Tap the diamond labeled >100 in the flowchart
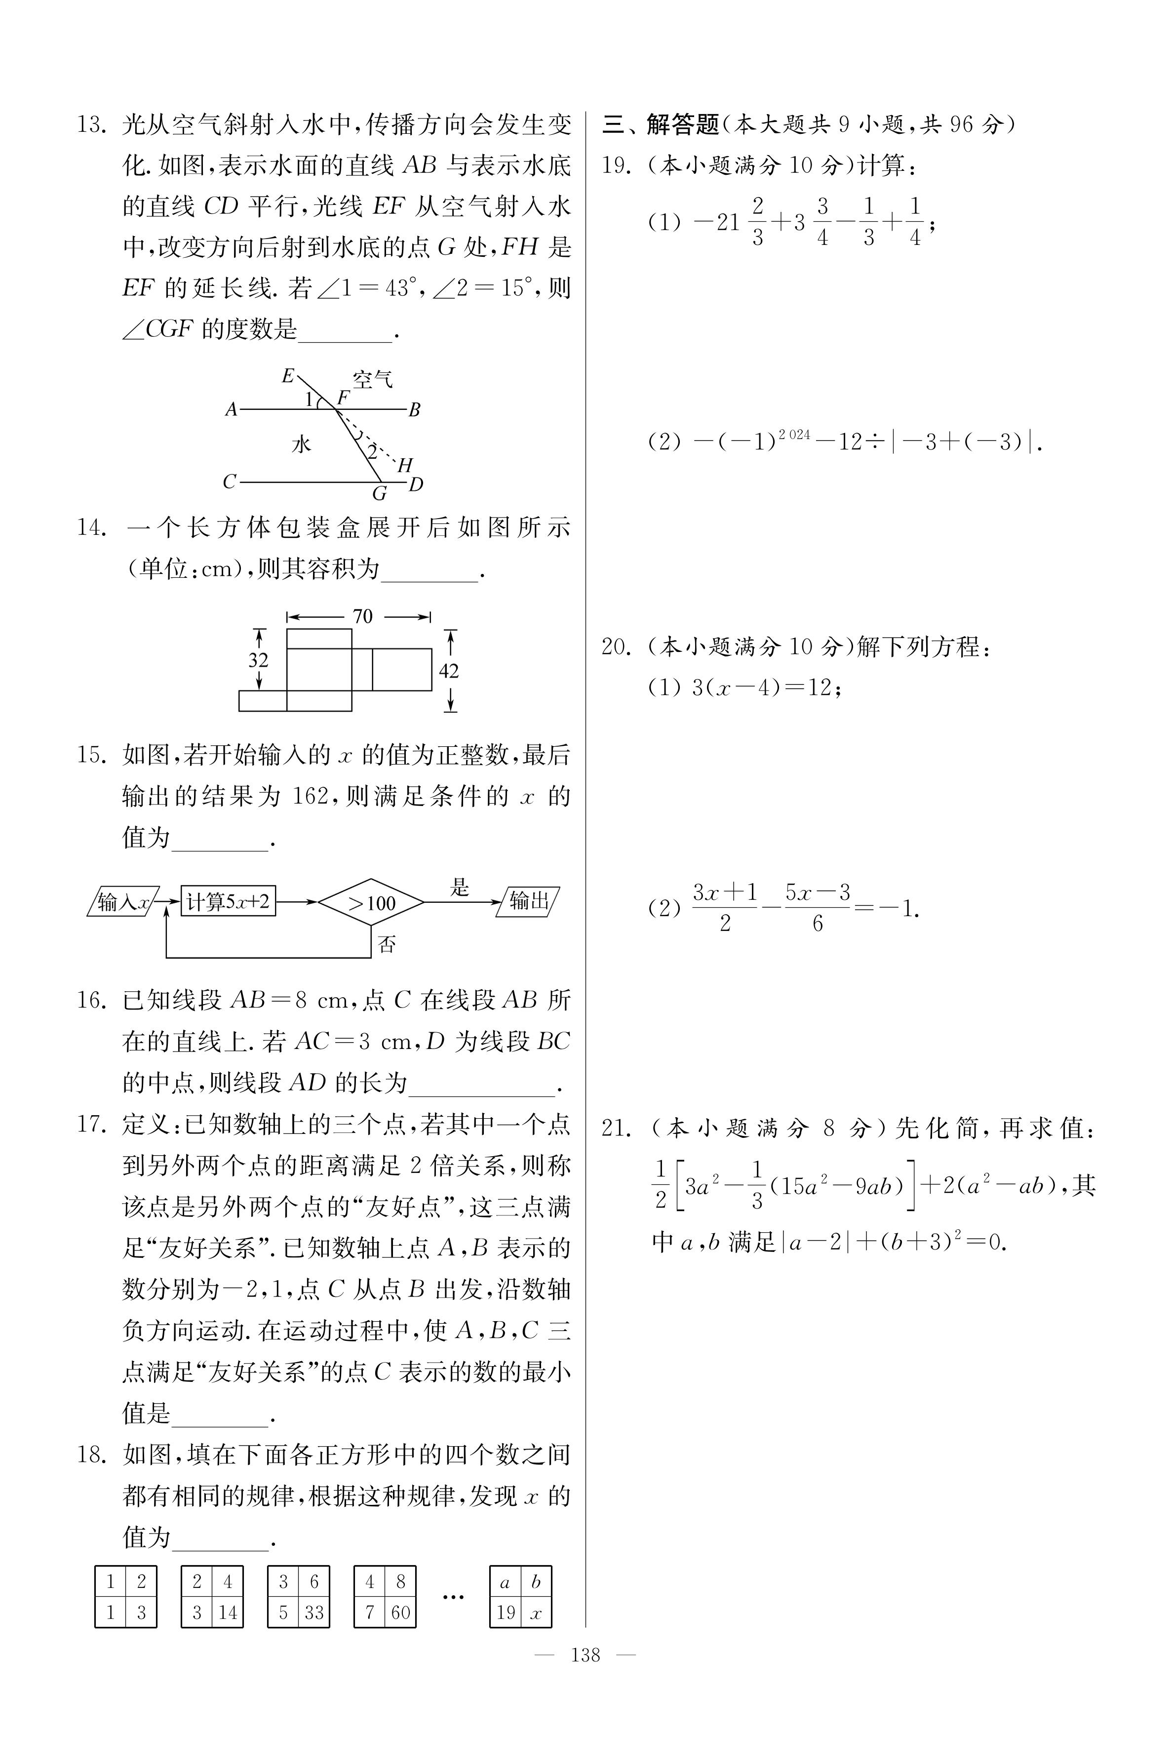coord(371,903)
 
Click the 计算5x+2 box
coord(228,901)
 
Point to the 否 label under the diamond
coord(387,945)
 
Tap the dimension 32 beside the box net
coord(258,660)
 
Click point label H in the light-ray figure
coord(405,465)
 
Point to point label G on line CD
coord(380,494)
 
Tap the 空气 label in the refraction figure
coord(372,380)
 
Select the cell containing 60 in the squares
coord(401,1613)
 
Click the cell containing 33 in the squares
coord(314,1613)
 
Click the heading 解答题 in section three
coord(682,124)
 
